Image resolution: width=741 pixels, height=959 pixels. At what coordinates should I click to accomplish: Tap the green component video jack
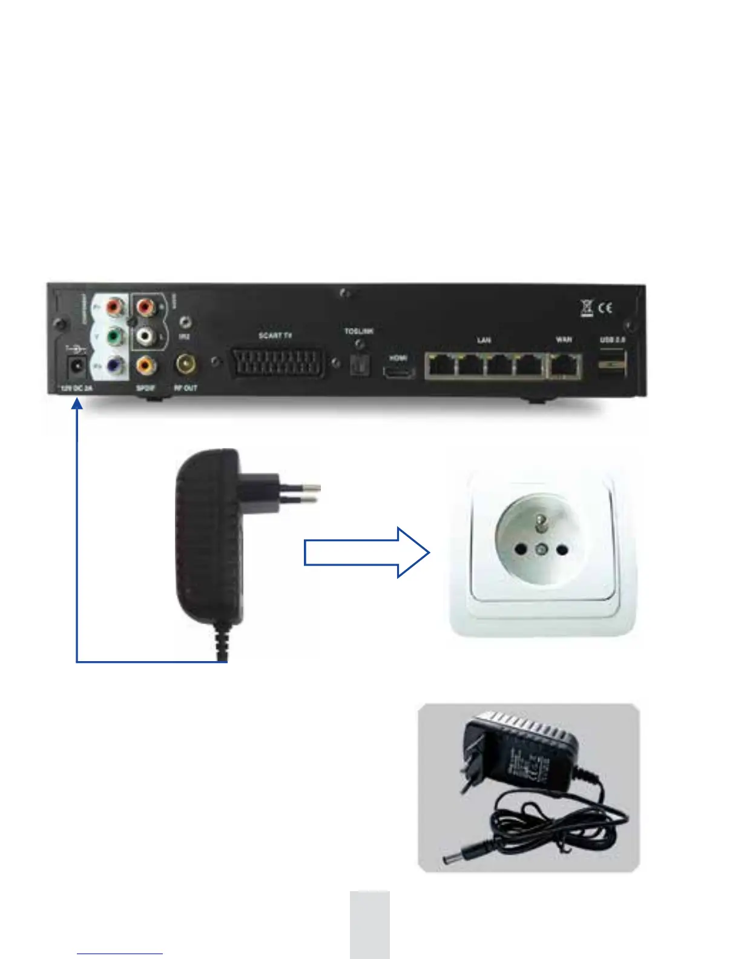click(113, 335)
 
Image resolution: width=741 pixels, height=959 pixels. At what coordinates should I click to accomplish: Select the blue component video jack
click(113, 366)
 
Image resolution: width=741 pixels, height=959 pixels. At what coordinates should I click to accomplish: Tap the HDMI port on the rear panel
click(398, 371)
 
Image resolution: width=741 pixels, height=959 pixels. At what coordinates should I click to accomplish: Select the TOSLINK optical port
click(360, 364)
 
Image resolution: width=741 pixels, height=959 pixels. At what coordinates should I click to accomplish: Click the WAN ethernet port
click(564, 366)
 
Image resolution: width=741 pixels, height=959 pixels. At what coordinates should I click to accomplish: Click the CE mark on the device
click(605, 308)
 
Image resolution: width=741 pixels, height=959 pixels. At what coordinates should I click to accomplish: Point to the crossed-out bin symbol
click(587, 308)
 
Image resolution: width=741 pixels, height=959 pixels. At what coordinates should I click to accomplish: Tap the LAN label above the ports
click(484, 341)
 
